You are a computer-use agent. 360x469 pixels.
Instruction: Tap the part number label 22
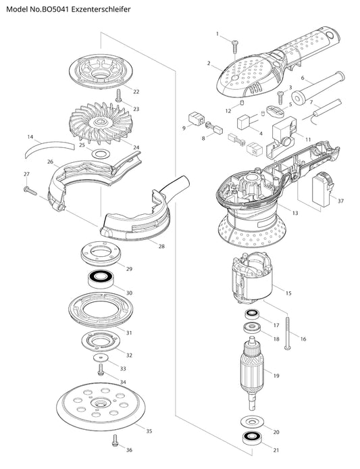(x=136, y=91)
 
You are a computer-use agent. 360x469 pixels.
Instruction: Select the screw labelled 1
(x=234, y=47)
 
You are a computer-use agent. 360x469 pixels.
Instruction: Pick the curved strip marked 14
(x=49, y=146)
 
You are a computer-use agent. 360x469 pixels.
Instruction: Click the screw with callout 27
(x=30, y=191)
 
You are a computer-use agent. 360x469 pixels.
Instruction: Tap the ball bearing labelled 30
(x=100, y=279)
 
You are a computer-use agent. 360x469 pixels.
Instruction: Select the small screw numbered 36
(x=115, y=441)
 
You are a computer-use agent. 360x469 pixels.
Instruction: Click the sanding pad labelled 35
(x=101, y=406)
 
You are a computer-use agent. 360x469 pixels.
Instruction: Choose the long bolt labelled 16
(x=288, y=334)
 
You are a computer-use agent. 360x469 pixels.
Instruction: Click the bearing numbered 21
(x=252, y=439)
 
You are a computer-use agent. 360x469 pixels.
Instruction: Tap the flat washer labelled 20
(x=252, y=422)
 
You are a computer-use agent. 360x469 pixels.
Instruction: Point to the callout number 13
(x=294, y=213)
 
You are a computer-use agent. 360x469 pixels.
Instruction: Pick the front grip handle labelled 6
(x=317, y=89)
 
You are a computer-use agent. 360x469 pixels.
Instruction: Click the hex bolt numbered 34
(x=101, y=369)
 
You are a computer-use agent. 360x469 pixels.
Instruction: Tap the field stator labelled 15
(x=252, y=278)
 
